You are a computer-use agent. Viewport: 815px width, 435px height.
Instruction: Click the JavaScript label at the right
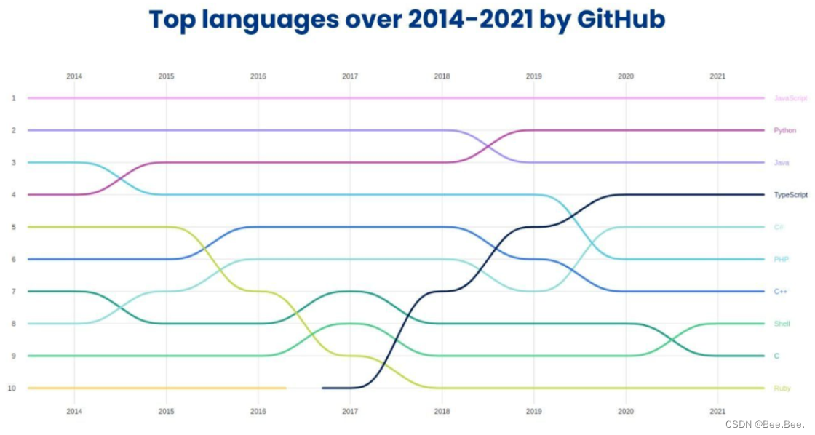pyautogui.click(x=790, y=98)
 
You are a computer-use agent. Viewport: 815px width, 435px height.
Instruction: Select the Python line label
pyautogui.click(x=784, y=130)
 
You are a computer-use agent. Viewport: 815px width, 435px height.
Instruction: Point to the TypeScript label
pyautogui.click(x=790, y=195)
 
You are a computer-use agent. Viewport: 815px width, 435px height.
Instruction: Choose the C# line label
pyautogui.click(x=779, y=227)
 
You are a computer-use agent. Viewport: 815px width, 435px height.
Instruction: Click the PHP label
pyautogui.click(x=781, y=259)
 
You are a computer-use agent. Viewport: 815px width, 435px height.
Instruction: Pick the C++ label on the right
pyautogui.click(x=780, y=292)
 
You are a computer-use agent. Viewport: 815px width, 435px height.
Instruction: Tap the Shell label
pyautogui.click(x=782, y=324)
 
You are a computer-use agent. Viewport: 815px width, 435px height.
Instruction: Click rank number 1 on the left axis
pyautogui.click(x=13, y=98)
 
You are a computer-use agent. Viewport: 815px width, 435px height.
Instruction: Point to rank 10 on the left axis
pyautogui.click(x=12, y=388)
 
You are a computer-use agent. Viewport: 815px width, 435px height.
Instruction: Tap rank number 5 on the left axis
pyautogui.click(x=13, y=227)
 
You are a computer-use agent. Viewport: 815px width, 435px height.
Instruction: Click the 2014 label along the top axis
pyautogui.click(x=74, y=76)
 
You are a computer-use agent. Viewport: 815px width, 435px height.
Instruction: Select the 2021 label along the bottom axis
pyautogui.click(x=717, y=412)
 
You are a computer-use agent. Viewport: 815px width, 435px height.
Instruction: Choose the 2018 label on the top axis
pyautogui.click(x=442, y=76)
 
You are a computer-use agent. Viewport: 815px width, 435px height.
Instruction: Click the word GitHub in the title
pyautogui.click(x=621, y=20)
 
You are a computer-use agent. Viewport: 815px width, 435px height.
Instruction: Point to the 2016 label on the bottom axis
pyautogui.click(x=258, y=412)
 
